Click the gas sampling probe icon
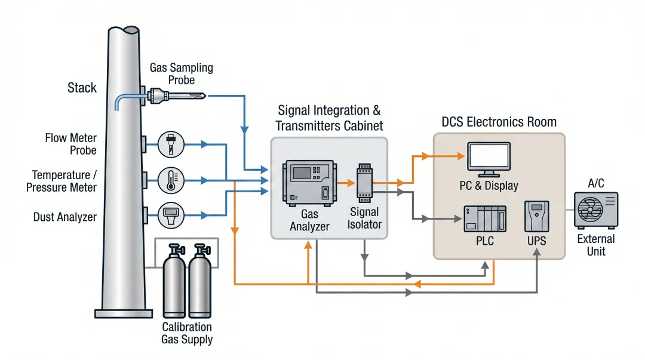click(x=176, y=94)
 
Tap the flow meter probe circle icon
click(x=171, y=144)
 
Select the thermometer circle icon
click(x=171, y=179)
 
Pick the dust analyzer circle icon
click(x=171, y=214)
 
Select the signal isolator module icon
click(x=364, y=181)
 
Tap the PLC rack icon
click(x=485, y=219)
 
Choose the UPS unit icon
click(x=536, y=216)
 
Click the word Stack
click(x=82, y=88)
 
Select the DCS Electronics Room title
click(x=499, y=122)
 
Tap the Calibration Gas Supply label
click(x=187, y=333)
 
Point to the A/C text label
click(x=596, y=183)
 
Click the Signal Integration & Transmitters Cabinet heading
click(x=329, y=118)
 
